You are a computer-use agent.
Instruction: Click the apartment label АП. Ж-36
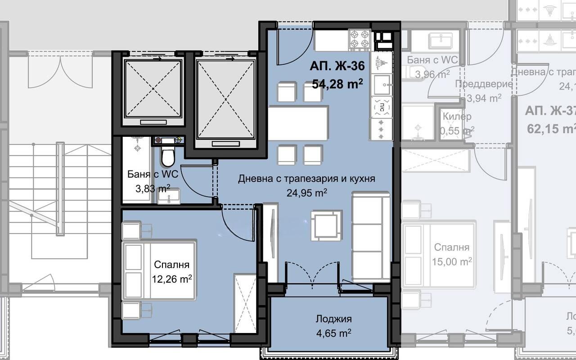point(337,66)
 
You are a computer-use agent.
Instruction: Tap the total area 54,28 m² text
point(337,84)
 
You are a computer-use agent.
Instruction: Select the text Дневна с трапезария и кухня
point(306,179)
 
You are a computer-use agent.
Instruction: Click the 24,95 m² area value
point(306,193)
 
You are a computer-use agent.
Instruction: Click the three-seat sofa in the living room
point(371,236)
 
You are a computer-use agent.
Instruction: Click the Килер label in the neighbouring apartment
point(457,117)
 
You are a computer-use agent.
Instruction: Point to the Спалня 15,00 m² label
point(451,247)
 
